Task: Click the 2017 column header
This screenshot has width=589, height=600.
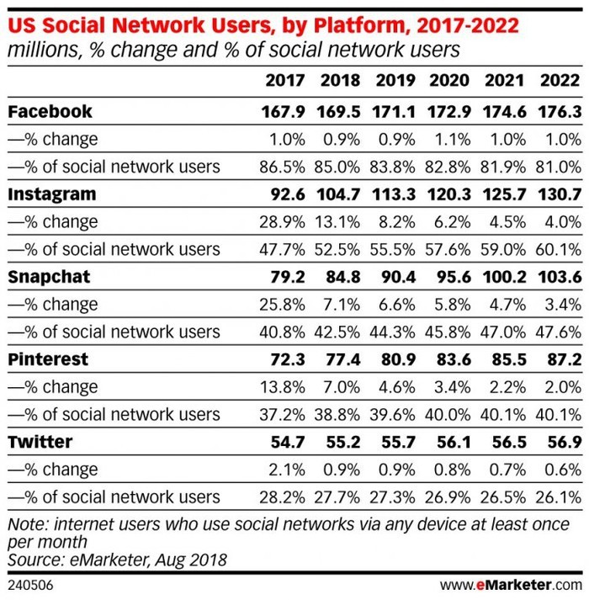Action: point(284,82)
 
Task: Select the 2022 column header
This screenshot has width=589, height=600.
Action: point(560,82)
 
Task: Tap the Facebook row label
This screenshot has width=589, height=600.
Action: point(50,111)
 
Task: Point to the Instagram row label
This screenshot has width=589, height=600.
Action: point(51,194)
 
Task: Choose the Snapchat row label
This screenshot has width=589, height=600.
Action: point(49,277)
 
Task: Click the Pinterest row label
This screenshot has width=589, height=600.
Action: point(49,359)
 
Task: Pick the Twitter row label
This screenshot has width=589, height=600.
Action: point(40,442)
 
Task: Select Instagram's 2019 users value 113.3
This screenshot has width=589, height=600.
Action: point(395,194)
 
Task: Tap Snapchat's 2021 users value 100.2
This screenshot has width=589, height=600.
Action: point(504,277)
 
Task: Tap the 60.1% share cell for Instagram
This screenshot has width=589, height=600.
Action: point(560,249)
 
